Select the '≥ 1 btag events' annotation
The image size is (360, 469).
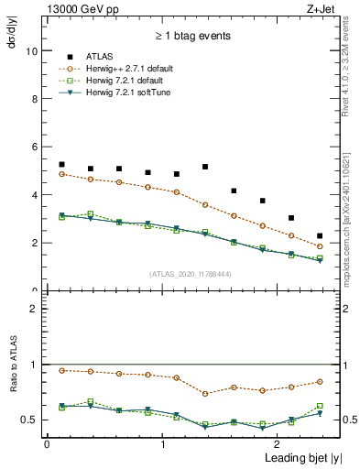pyautogui.click(x=191, y=36)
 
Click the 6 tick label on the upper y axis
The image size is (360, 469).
pyautogui.click(x=33, y=147)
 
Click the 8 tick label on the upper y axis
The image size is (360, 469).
pyautogui.click(x=33, y=99)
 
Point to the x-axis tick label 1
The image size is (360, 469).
pyautogui.click(x=162, y=443)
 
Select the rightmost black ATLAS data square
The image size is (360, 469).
pyautogui.click(x=320, y=236)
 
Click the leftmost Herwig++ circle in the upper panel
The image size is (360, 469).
pyautogui.click(x=61, y=174)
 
